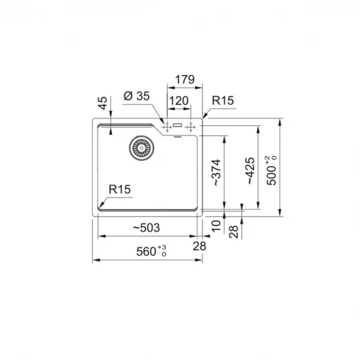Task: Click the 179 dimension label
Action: coord(185,80)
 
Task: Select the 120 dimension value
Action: coord(179,101)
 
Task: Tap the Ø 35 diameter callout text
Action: coord(137,96)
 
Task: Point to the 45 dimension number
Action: coord(103,103)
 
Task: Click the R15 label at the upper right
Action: coord(223,101)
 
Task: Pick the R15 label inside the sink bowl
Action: coord(119,190)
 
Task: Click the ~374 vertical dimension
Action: coord(217,172)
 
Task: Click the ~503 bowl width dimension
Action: coord(146,228)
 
